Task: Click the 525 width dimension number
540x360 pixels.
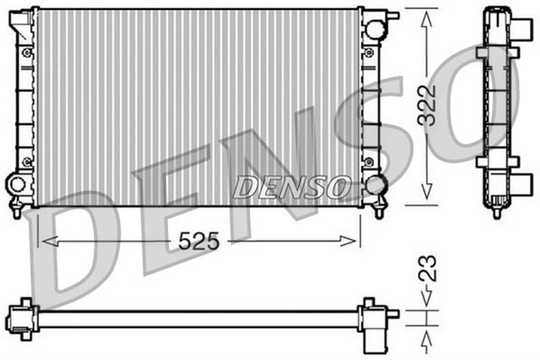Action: tap(198, 241)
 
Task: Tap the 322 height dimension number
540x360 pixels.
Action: tap(429, 105)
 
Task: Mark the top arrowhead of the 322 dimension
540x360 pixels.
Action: tap(429, 15)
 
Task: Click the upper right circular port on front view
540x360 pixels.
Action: tap(375, 27)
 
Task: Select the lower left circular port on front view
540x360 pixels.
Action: tap(18, 183)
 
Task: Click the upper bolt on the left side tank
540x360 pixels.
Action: tap(26, 54)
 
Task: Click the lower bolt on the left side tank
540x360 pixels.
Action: tap(26, 160)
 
